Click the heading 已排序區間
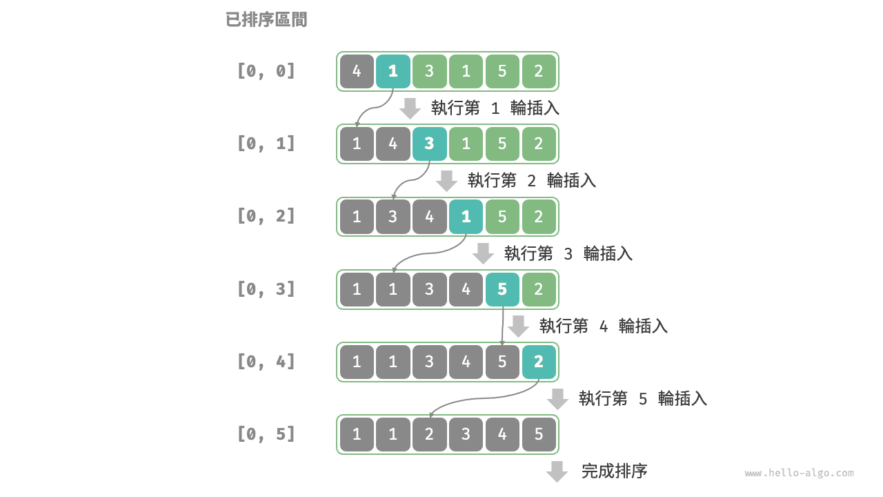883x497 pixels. [x=266, y=20]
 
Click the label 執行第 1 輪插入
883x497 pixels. [x=495, y=108]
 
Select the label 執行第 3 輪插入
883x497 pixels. [x=568, y=253]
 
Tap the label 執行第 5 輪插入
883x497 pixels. [x=642, y=398]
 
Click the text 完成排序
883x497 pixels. [x=614, y=471]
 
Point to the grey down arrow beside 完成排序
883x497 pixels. [x=557, y=471]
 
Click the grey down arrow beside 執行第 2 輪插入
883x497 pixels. [x=447, y=181]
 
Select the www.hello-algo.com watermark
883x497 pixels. [x=799, y=474]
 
